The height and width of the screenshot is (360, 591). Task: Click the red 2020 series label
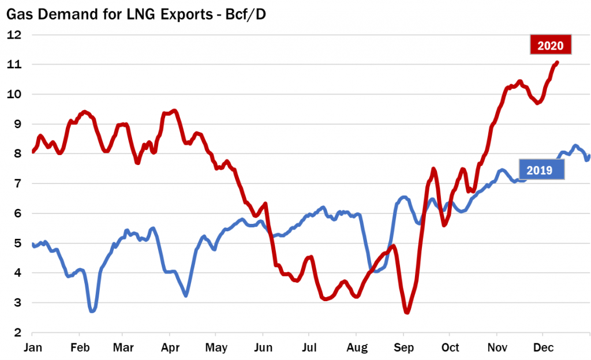(x=551, y=44)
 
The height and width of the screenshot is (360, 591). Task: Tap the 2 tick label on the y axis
(x=17, y=333)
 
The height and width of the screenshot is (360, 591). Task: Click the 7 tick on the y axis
(x=17, y=183)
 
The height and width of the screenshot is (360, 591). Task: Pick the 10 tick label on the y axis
(x=14, y=94)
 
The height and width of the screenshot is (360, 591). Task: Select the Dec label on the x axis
(x=543, y=348)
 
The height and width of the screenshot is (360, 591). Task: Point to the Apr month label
(x=169, y=348)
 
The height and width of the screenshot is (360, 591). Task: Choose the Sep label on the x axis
(x=403, y=348)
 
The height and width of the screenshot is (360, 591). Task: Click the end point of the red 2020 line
(x=557, y=62)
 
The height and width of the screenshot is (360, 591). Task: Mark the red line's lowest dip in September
(x=407, y=312)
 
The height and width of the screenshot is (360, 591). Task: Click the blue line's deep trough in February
(x=92, y=311)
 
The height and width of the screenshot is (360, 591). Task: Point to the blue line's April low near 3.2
(x=185, y=295)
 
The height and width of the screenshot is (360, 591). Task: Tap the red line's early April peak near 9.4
(x=174, y=110)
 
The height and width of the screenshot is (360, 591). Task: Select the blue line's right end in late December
(x=589, y=156)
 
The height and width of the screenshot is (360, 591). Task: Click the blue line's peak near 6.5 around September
(x=404, y=197)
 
